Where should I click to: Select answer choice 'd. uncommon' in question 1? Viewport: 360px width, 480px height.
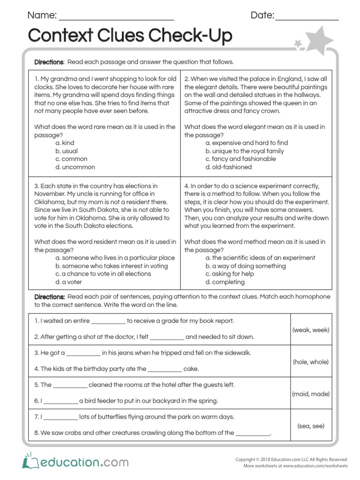[75, 167]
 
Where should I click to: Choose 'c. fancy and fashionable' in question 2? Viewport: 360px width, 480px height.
[240, 159]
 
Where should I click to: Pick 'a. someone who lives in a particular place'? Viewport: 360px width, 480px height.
[115, 258]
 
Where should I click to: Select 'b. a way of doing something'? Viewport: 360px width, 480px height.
[245, 266]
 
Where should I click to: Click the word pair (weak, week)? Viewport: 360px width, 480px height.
[311, 330]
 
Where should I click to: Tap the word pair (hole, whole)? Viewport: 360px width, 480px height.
[311, 362]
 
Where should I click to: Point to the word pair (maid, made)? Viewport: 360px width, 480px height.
[311, 394]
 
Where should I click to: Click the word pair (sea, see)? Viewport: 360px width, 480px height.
[311, 426]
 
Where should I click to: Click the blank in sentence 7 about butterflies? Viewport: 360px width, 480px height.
[61, 418]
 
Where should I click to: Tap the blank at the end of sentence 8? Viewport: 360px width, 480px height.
[253, 434]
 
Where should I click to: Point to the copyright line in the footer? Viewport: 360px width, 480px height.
[291, 460]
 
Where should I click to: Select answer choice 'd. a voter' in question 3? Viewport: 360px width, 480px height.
[68, 282]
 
